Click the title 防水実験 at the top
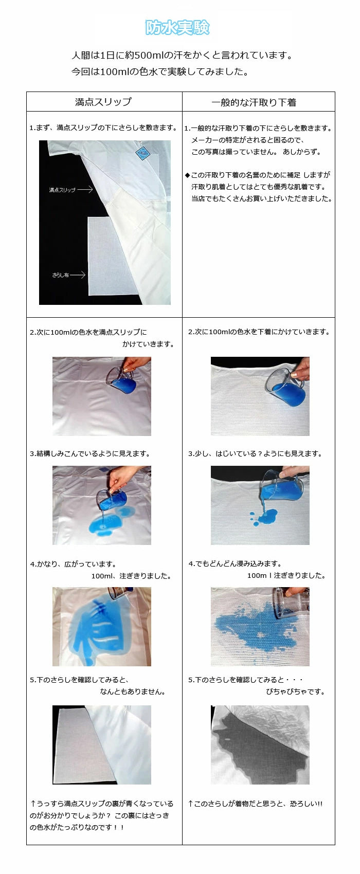click(177, 27)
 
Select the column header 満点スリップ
click(103, 102)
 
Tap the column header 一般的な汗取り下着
click(254, 102)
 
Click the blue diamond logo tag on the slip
click(142, 153)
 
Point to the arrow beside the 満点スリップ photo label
click(85, 190)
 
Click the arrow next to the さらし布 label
click(77, 275)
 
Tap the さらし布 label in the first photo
click(61, 275)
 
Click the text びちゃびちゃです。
click(295, 692)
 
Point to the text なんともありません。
click(133, 692)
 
